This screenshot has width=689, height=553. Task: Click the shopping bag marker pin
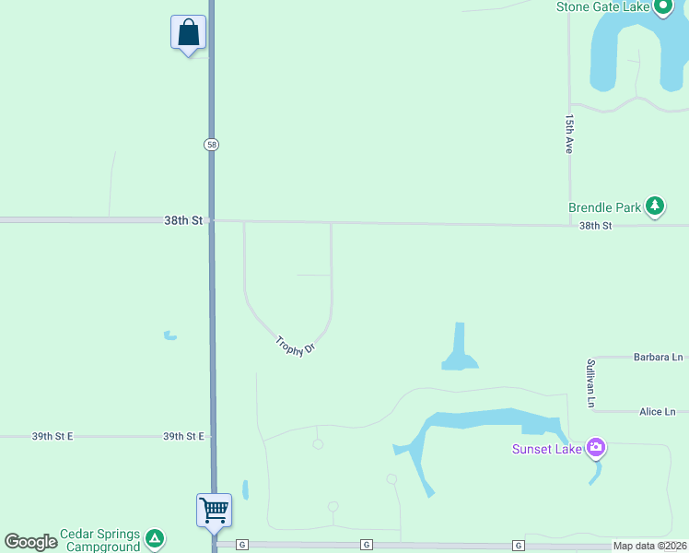(188, 33)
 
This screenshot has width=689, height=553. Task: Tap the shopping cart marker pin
(214, 509)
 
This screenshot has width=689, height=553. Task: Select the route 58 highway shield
(212, 145)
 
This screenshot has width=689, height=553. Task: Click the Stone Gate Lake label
(602, 7)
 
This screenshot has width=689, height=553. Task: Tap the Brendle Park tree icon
(655, 206)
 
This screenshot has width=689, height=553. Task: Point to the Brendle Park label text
(604, 207)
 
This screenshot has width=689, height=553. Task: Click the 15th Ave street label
(570, 135)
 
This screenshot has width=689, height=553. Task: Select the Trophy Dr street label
(295, 346)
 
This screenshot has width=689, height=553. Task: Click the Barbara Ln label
(658, 357)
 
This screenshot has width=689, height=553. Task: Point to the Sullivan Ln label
(591, 382)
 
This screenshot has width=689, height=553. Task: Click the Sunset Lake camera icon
(596, 449)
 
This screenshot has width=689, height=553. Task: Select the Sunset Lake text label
(547, 450)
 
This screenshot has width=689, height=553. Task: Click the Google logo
(31, 542)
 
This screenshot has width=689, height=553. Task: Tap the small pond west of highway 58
(169, 335)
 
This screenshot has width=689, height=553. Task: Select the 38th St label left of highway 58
(182, 220)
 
